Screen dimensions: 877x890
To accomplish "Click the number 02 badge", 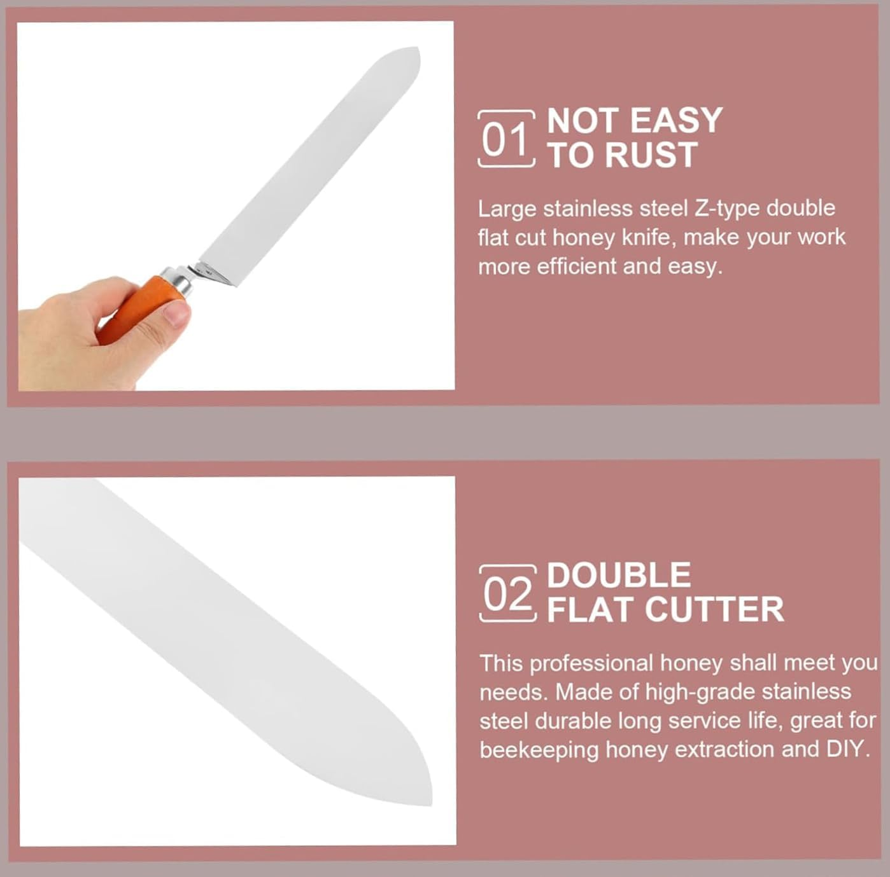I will [x=507, y=593].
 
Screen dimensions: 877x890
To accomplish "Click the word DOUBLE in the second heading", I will [x=619, y=575].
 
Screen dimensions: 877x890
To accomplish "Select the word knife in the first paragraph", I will [x=648, y=237].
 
